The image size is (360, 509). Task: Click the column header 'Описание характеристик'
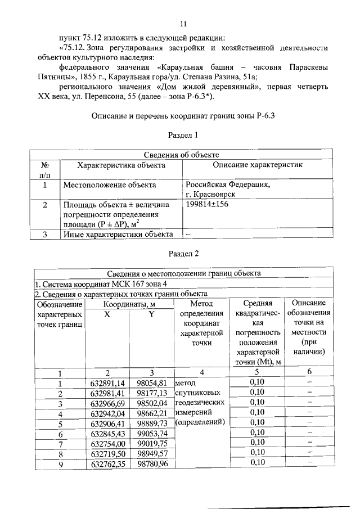pyautogui.click(x=258, y=165)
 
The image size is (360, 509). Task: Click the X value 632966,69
pyautogui.click(x=107, y=403)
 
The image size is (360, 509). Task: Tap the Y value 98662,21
pyautogui.click(x=152, y=413)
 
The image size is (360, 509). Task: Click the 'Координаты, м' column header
pyautogui.click(x=129, y=304)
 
